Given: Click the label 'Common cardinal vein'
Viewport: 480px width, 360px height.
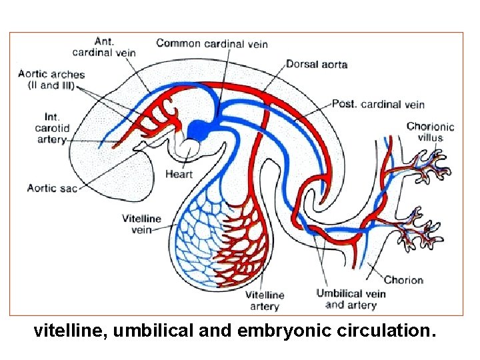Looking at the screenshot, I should [212, 44].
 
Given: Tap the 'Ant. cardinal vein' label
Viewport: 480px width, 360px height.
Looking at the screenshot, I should [113, 47].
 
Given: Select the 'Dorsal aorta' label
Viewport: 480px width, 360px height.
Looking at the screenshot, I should [317, 65].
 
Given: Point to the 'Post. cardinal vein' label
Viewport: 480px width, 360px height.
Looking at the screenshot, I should [378, 104].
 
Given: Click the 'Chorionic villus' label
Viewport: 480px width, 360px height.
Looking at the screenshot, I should [430, 132].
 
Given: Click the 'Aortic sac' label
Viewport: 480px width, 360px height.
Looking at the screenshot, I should [51, 188].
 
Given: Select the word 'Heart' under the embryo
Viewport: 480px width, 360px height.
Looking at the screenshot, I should [179, 175].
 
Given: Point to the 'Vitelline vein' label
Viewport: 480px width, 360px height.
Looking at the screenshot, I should [141, 224].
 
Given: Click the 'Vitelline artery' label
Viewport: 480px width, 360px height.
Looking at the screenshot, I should [265, 300].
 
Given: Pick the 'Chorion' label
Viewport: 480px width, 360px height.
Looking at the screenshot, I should [403, 280].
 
